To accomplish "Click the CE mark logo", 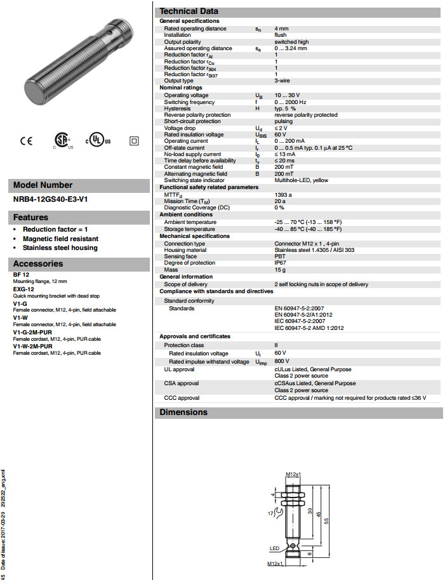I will click(26, 141).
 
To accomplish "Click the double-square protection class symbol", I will click(134, 141).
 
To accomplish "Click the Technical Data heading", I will click(189, 11).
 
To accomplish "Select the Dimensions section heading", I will click(183, 412).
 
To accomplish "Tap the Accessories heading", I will click(38, 263).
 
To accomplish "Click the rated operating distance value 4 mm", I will click(281, 29).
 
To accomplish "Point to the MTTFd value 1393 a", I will click(283, 194).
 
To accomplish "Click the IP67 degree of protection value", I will click(281, 263).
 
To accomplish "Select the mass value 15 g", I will click(280, 270).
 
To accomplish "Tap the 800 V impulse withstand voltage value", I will click(281, 361).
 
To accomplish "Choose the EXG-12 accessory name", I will click(23, 288).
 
